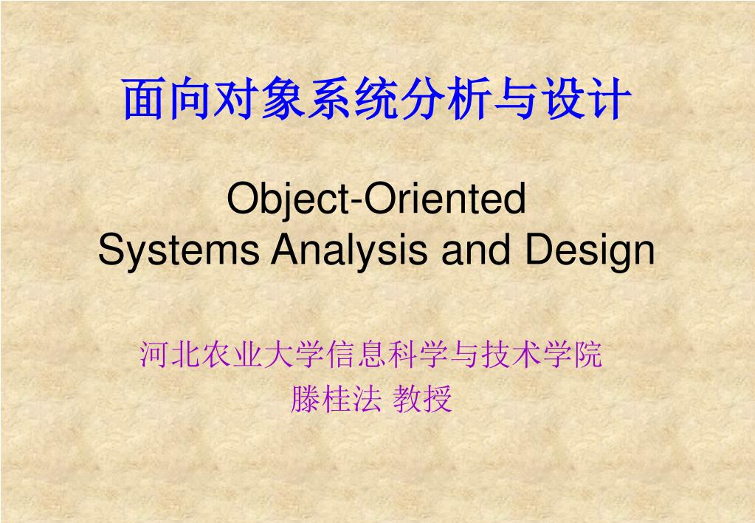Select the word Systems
click(x=177, y=250)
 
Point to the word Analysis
click(x=350, y=250)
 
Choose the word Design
click(x=590, y=250)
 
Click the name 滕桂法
click(x=336, y=400)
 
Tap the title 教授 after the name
click(x=423, y=400)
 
